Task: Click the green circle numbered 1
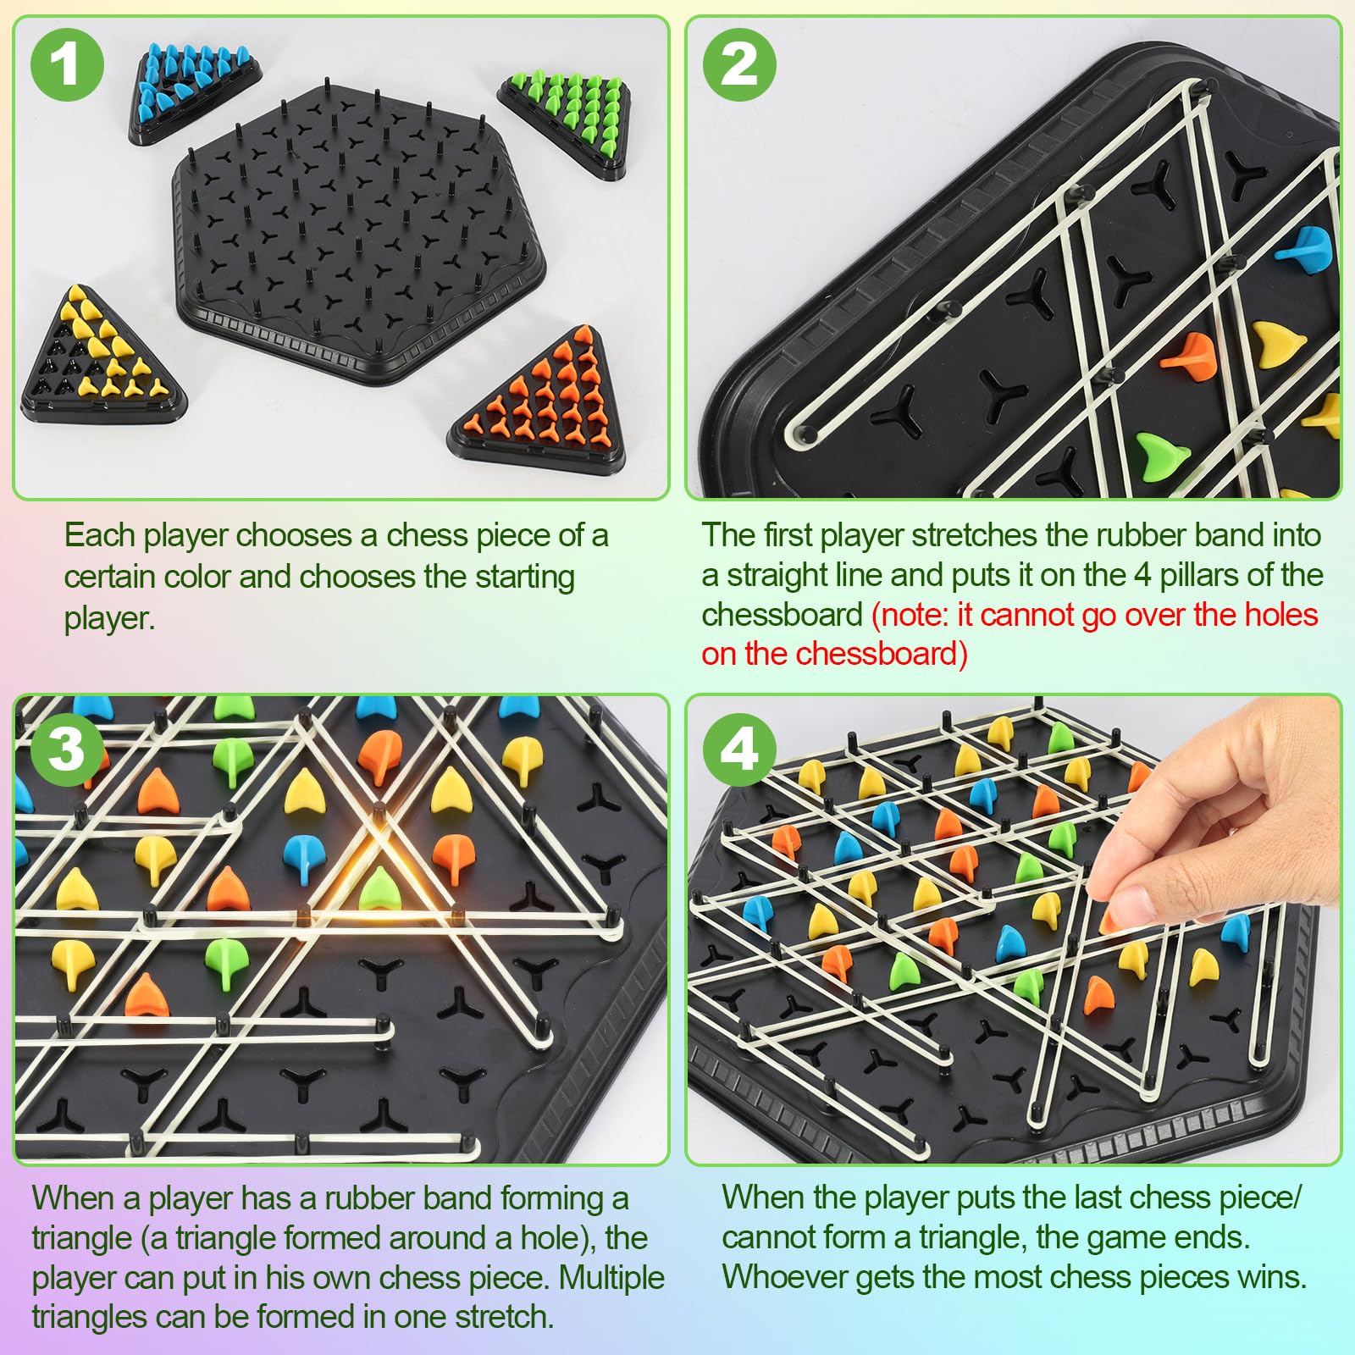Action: pyautogui.click(x=67, y=65)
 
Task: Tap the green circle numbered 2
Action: pyautogui.click(x=739, y=65)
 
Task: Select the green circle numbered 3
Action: pyautogui.click(x=67, y=749)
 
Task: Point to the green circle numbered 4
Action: pyautogui.click(x=739, y=749)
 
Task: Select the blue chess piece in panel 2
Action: pyautogui.click(x=1304, y=246)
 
